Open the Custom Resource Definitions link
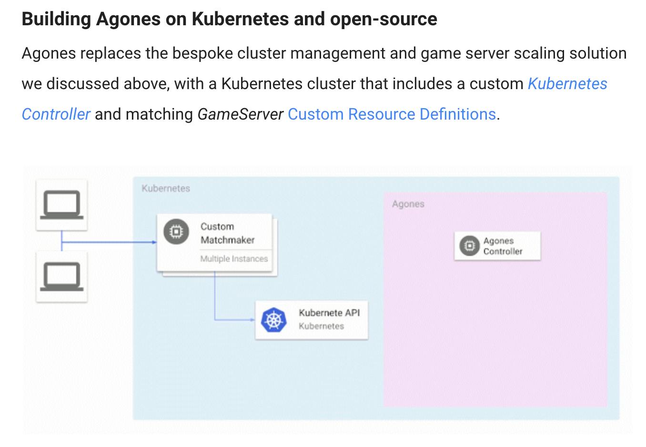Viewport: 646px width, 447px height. pyautogui.click(x=392, y=114)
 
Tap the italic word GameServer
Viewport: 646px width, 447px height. pyautogui.click(x=240, y=114)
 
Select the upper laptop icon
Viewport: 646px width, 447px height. pyautogui.click(x=61, y=205)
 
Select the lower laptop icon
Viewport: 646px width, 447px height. pyautogui.click(x=61, y=276)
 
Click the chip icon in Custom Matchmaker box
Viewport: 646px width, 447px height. pyautogui.click(x=176, y=232)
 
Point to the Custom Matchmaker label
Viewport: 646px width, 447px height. pyautogui.click(x=227, y=233)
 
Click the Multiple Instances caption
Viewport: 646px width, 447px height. pyautogui.click(x=234, y=259)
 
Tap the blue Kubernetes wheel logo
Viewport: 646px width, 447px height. pyautogui.click(x=273, y=320)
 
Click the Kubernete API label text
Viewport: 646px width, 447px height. pyautogui.click(x=329, y=313)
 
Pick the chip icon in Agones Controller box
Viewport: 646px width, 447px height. pyautogui.click(x=469, y=245)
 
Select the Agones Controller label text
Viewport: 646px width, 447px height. pyautogui.click(x=503, y=246)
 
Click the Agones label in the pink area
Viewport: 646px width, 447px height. pyautogui.click(x=408, y=204)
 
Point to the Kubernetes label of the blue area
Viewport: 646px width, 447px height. pyautogui.click(x=166, y=188)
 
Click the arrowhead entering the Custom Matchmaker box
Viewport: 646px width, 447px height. pyautogui.click(x=154, y=243)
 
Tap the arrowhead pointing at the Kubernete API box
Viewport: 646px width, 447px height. pyautogui.click(x=253, y=320)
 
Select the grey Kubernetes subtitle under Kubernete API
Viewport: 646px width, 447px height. pyautogui.click(x=321, y=326)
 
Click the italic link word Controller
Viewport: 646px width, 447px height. pyautogui.click(x=56, y=114)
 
